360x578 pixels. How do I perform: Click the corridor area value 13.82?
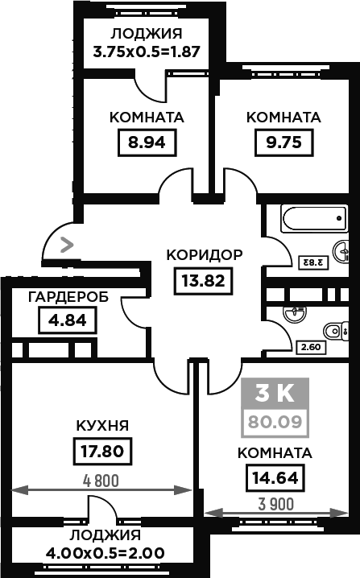coord(203,281)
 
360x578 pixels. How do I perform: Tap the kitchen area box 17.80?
coord(102,451)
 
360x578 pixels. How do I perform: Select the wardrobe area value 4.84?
coord(68,320)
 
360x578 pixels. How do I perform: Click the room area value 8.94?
coord(147,142)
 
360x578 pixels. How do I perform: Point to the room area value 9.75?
coord(284,142)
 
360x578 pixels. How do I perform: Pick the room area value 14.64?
coord(275,477)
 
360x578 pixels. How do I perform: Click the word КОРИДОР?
coord(205,255)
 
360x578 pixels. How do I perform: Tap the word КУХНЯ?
coord(102,426)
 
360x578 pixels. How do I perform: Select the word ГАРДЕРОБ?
coord(68,297)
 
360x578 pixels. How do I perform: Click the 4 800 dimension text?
coord(101,481)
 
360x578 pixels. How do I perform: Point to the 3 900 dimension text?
coord(276,504)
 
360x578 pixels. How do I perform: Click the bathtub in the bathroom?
coord(315,219)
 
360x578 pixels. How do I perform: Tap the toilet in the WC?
coord(336,331)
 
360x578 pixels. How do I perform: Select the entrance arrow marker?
coord(67,245)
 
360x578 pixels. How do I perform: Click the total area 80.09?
coord(275,421)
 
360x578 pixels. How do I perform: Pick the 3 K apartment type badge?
coord(275,394)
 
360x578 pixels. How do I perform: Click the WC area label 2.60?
coord(312,347)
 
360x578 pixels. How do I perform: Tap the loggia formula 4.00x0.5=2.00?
coord(106,553)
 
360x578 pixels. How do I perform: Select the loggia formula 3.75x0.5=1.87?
coord(147,52)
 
